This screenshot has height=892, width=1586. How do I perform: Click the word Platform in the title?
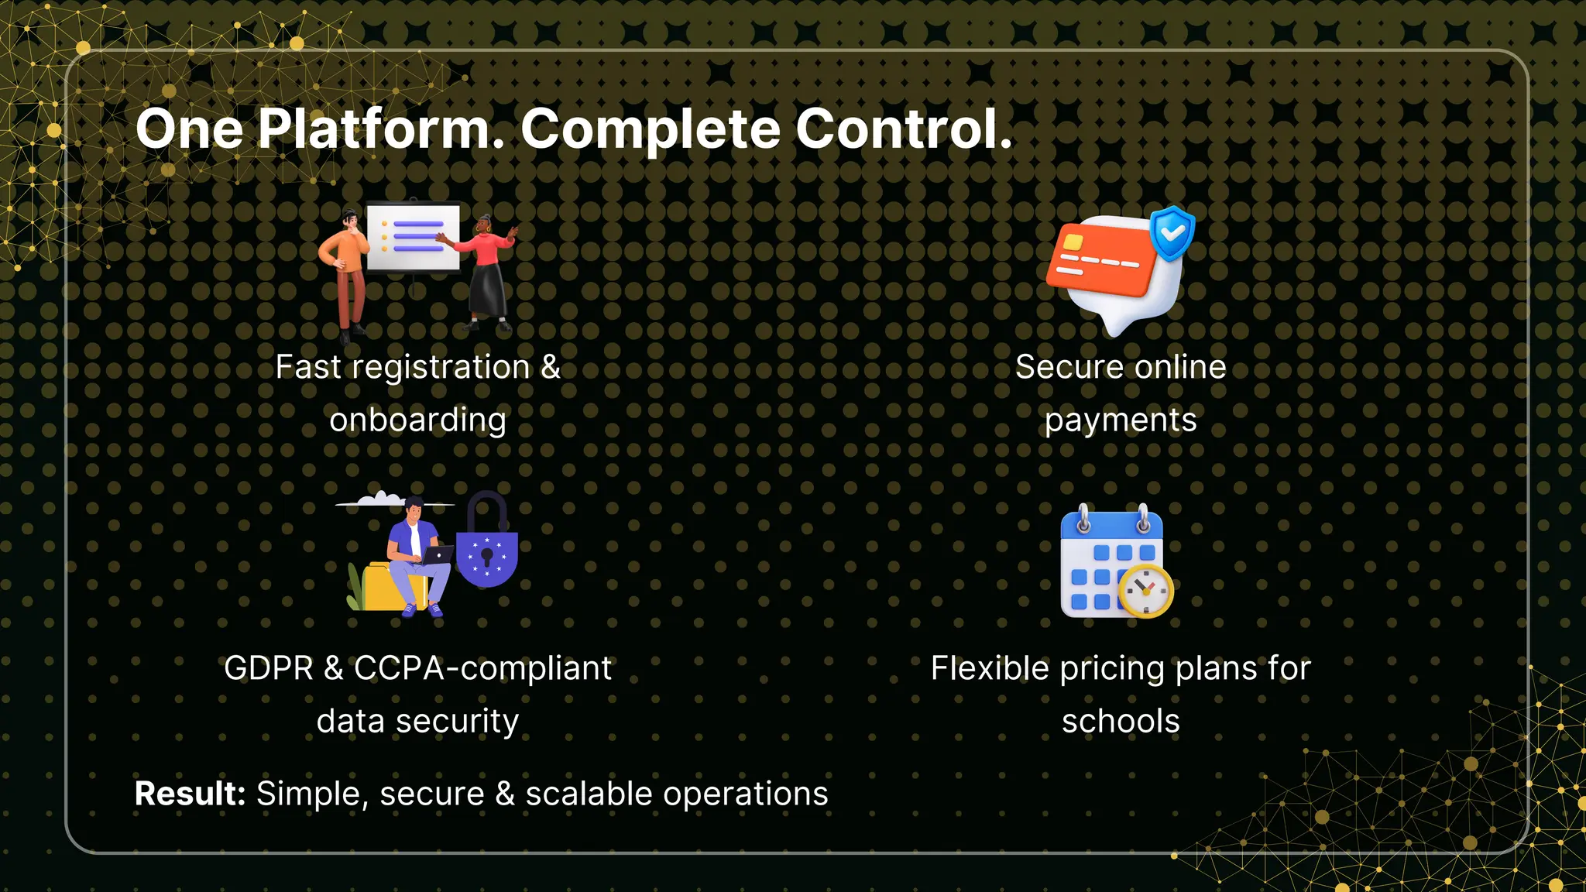[x=380, y=129]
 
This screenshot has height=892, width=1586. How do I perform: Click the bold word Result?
[x=190, y=794]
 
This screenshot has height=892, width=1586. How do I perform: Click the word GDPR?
[x=268, y=668]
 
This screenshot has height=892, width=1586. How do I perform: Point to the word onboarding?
[x=417, y=420]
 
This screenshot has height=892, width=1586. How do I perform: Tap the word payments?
[x=1121, y=420]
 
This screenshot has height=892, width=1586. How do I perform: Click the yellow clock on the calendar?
[x=1145, y=591]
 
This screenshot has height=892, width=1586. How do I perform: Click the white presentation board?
[x=414, y=236]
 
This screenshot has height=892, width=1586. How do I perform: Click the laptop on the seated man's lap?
[x=437, y=554]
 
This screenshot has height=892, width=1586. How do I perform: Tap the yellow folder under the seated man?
[x=383, y=588]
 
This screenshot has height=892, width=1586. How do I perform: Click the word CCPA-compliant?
[x=482, y=668]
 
